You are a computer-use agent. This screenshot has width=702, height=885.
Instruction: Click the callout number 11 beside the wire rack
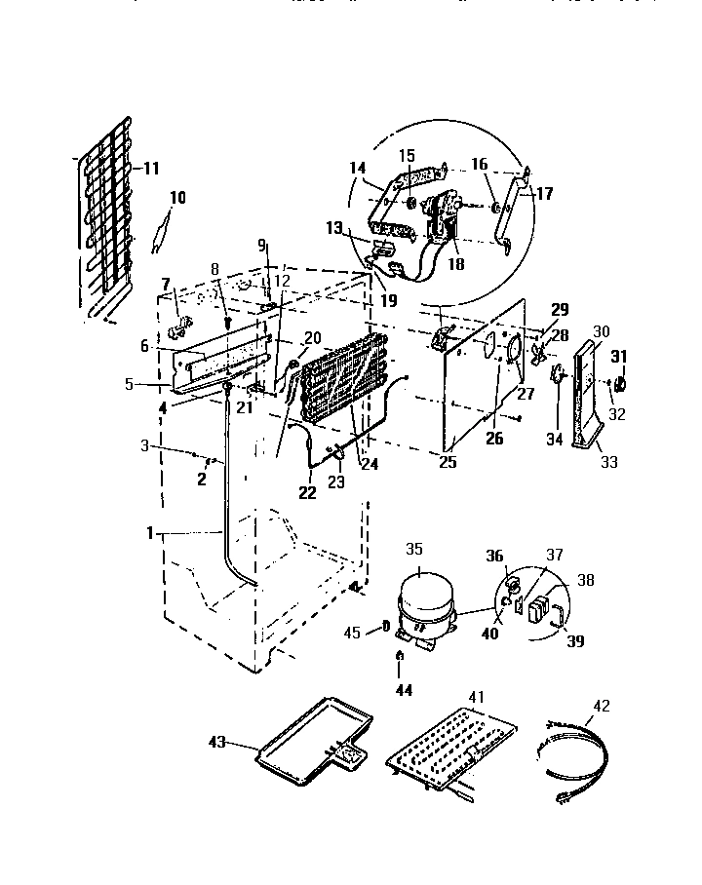click(x=150, y=168)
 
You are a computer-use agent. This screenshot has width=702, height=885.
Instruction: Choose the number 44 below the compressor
click(x=404, y=690)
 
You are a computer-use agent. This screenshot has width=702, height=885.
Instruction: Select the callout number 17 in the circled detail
click(x=544, y=194)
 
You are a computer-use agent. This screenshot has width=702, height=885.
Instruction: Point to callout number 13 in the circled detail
click(x=334, y=228)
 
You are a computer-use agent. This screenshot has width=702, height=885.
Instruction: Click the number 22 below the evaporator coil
click(x=307, y=494)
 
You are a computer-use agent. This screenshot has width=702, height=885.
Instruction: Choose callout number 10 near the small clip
click(x=176, y=198)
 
